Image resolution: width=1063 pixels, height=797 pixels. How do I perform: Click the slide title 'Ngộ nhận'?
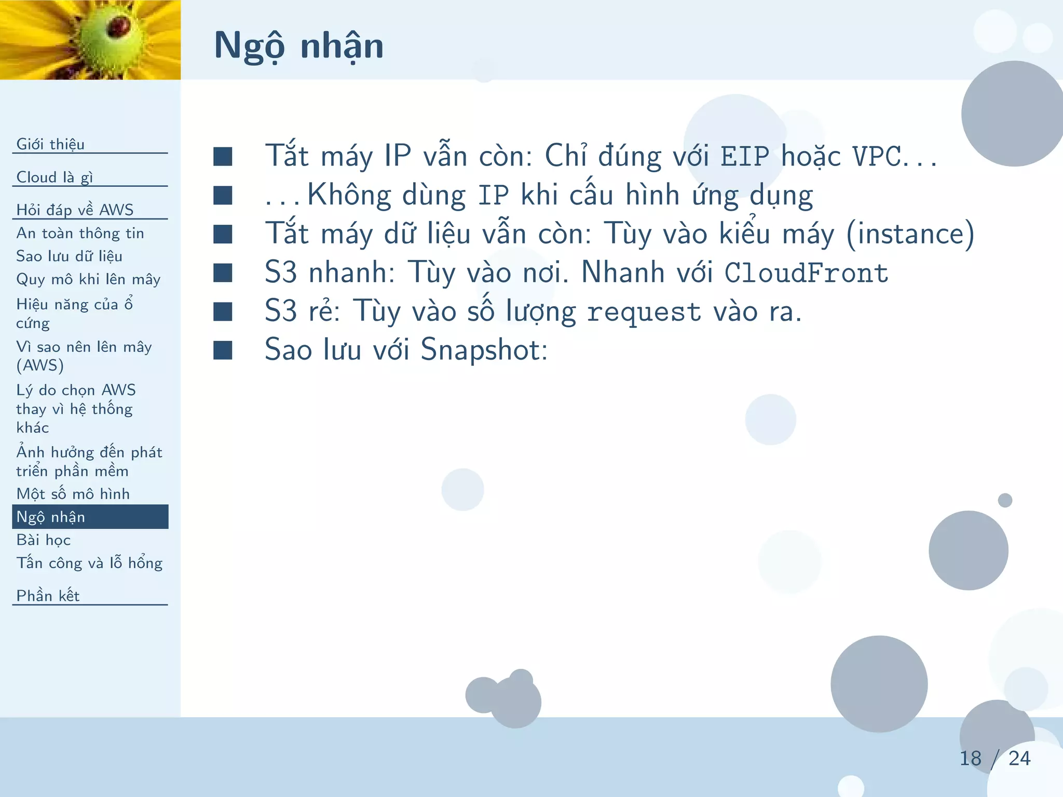pyautogui.click(x=298, y=46)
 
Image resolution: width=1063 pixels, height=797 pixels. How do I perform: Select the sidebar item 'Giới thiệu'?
pyautogui.click(x=50, y=144)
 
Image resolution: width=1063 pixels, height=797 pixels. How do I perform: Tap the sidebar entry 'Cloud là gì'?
pyautogui.click(x=54, y=177)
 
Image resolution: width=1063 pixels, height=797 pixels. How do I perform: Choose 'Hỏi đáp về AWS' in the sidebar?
pyautogui.click(x=75, y=210)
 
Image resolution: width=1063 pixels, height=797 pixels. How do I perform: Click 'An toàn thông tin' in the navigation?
pyautogui.click(x=80, y=233)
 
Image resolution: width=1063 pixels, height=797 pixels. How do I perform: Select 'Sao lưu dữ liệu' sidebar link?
pyautogui.click(x=69, y=256)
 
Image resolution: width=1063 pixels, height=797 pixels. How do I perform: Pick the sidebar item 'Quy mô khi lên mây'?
pyautogui.click(x=88, y=279)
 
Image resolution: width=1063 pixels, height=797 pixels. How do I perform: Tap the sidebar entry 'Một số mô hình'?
pyautogui.click(x=73, y=493)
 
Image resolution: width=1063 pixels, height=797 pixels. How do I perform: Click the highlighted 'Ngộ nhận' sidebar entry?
pyautogui.click(x=51, y=517)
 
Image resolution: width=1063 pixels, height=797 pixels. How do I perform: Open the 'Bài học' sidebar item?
pyautogui.click(x=43, y=540)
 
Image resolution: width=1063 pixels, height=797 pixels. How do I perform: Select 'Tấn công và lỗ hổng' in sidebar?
pyautogui.click(x=89, y=563)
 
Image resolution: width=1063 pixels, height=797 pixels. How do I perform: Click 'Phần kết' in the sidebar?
pyautogui.click(x=48, y=596)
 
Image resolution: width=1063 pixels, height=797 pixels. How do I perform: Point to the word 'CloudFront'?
pyautogui.click(x=806, y=273)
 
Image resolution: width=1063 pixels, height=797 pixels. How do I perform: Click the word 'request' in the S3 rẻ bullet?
pyautogui.click(x=644, y=312)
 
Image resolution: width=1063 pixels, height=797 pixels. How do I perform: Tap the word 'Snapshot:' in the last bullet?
pyautogui.click(x=484, y=350)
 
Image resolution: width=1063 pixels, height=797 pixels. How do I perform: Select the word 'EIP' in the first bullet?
pyautogui.click(x=745, y=156)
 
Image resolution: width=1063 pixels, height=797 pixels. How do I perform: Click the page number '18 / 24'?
pyautogui.click(x=994, y=758)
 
